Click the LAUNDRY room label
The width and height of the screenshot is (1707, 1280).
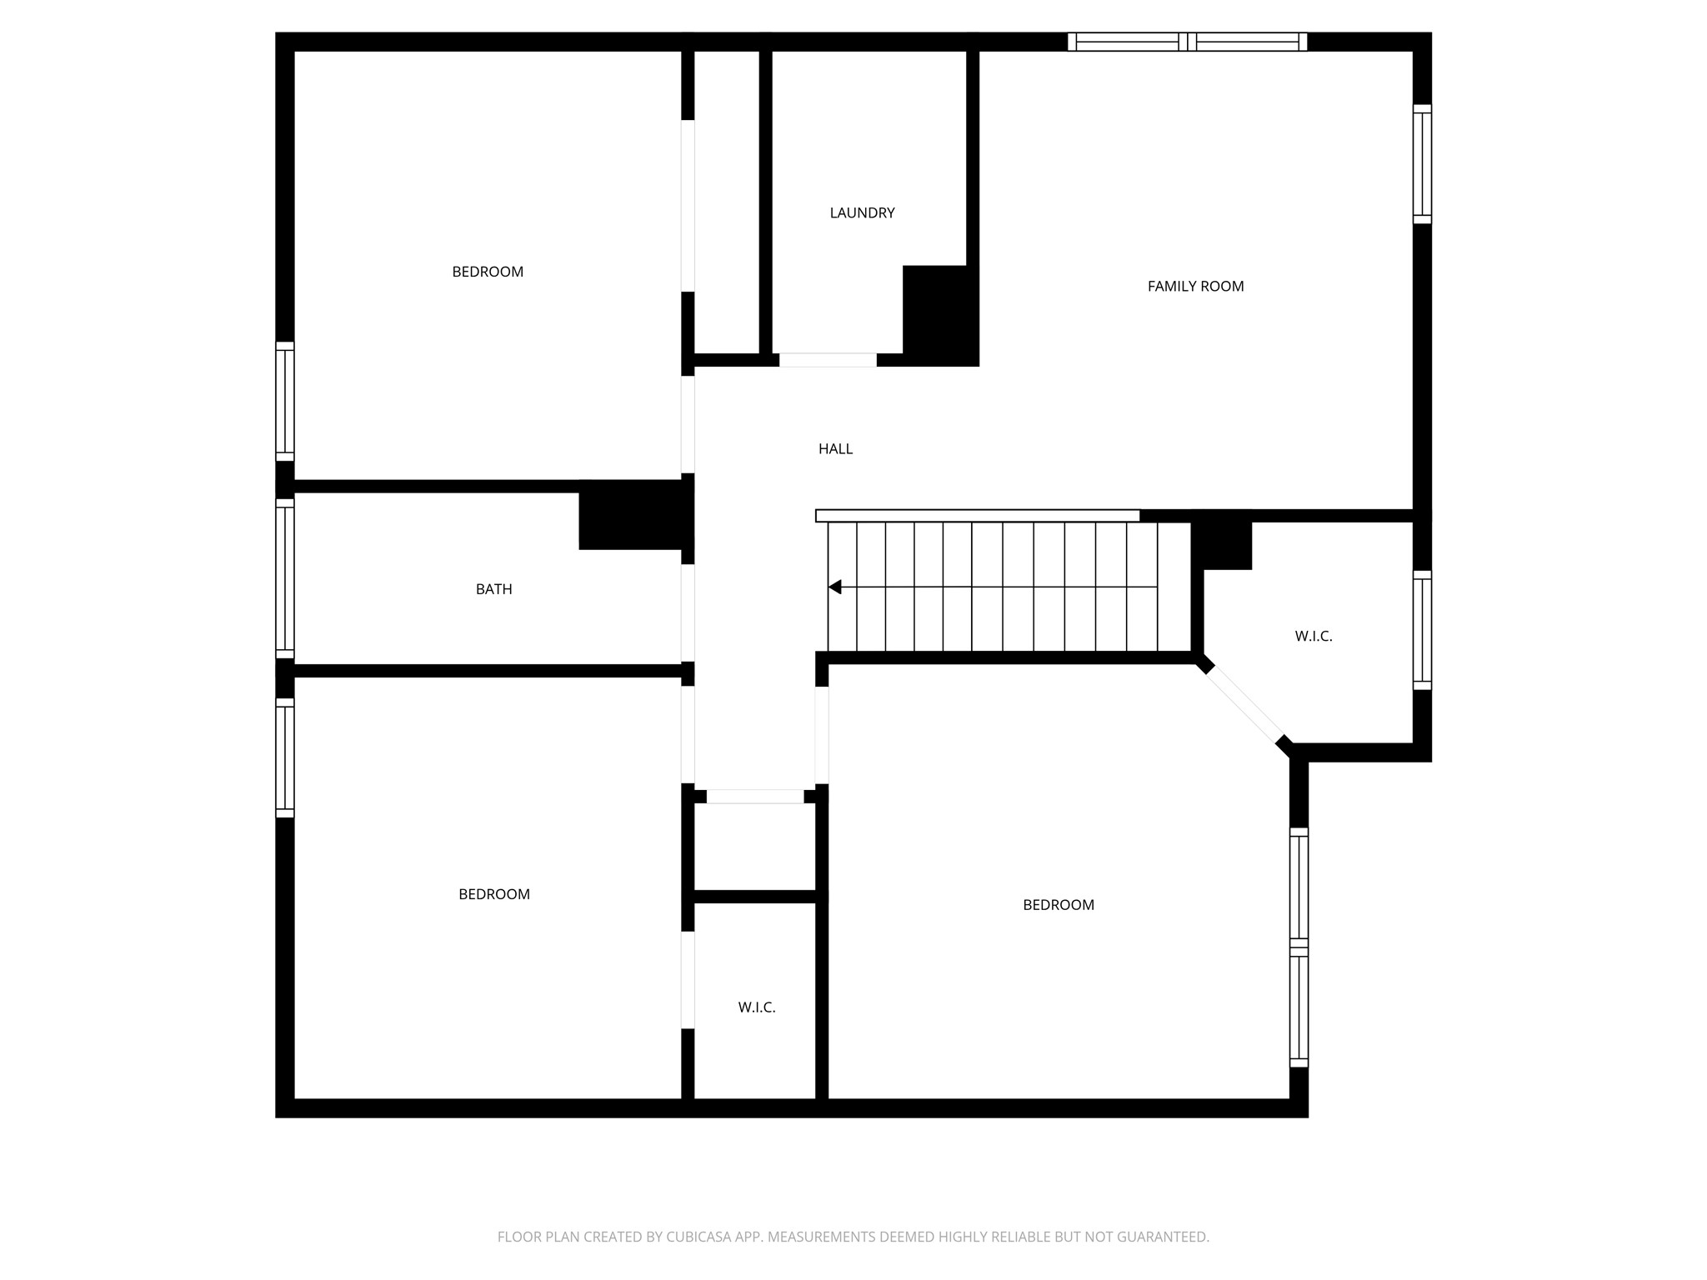[862, 213]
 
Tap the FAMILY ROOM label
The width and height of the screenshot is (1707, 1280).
[1195, 287]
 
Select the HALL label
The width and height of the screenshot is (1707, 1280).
[835, 449]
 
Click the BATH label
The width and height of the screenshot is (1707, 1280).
[493, 589]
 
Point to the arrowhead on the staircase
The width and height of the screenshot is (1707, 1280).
[835, 587]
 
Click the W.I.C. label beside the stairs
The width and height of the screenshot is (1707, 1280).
[1313, 637]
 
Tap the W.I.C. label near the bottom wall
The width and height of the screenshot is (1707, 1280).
[756, 1007]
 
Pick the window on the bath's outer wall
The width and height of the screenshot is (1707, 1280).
[285, 578]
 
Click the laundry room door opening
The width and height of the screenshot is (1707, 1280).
[828, 360]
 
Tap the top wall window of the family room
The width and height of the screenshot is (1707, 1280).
[1187, 42]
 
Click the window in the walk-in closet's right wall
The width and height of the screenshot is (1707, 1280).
[1422, 631]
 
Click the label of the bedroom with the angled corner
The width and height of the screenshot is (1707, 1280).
[1058, 905]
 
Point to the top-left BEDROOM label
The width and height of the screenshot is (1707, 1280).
[488, 272]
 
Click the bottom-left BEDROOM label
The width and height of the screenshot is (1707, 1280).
[493, 894]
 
